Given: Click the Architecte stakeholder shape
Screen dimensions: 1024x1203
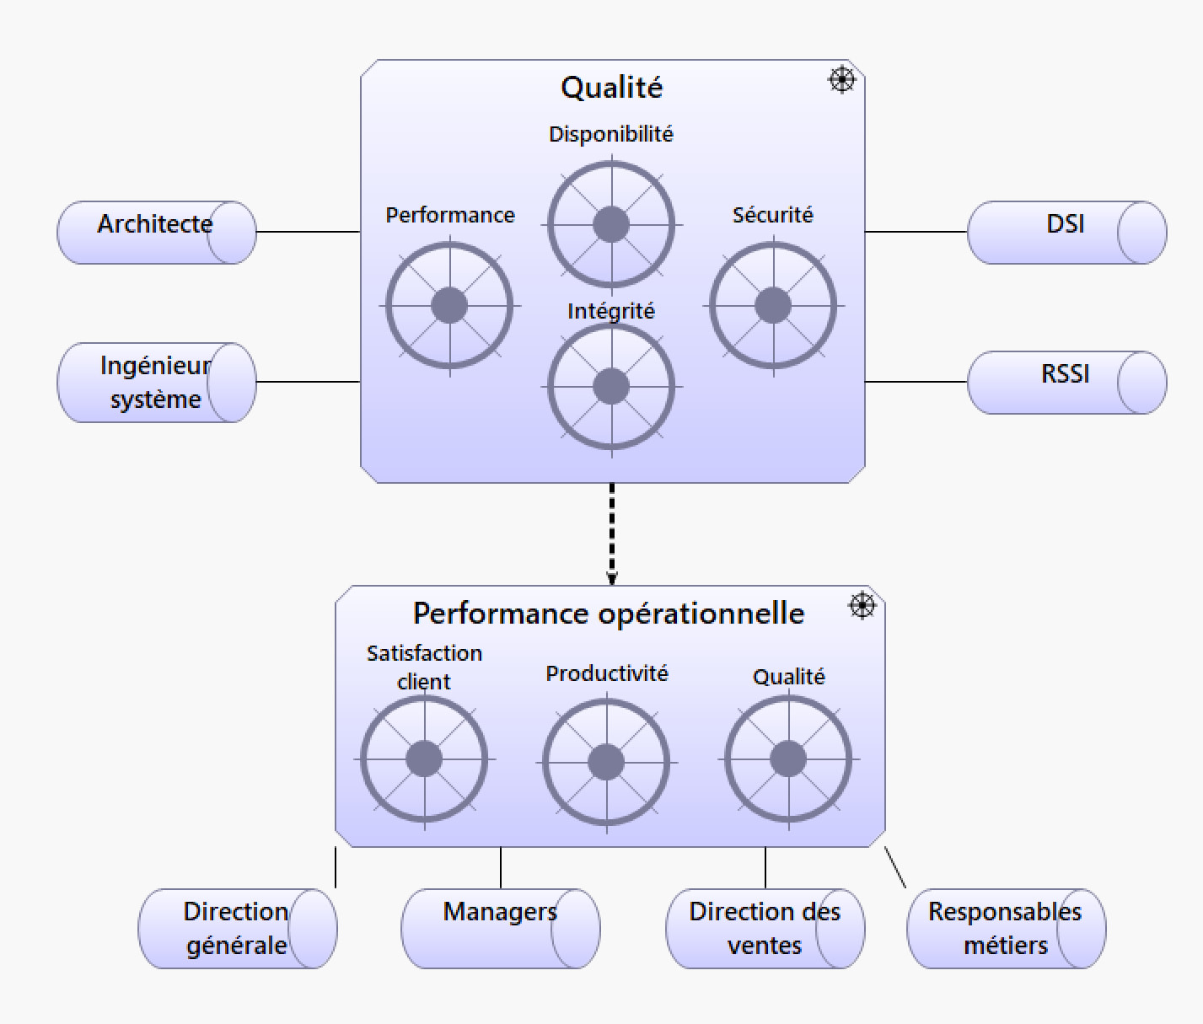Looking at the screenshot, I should pyautogui.click(x=156, y=233).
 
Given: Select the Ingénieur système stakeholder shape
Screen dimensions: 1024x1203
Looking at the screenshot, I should pyautogui.click(x=156, y=383).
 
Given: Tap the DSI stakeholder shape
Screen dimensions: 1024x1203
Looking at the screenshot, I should pyautogui.click(x=1066, y=233).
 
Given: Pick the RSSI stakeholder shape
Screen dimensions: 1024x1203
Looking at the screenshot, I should pyautogui.click(x=1066, y=383).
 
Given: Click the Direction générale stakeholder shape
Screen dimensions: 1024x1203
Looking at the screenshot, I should pyautogui.click(x=237, y=929).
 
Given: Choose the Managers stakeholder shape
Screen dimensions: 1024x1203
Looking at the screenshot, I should pyautogui.click(x=500, y=929).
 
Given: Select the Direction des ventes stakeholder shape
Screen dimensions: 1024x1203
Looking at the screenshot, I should pyautogui.click(x=765, y=929).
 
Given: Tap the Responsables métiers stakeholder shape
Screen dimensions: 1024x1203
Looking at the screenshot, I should pyautogui.click(x=1006, y=929).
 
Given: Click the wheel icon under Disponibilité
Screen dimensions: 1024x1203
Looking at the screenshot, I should pyautogui.click(x=611, y=225).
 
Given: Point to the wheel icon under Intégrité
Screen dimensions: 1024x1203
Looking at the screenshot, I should pyautogui.click(x=611, y=387).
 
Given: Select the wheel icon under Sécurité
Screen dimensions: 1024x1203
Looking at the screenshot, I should pyautogui.click(x=773, y=305).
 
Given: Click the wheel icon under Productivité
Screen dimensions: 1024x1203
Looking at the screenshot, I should pyautogui.click(x=606, y=763).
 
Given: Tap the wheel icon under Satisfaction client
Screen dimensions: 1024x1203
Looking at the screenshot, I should pyautogui.click(x=424, y=759).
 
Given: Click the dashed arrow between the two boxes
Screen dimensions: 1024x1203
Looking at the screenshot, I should pyautogui.click(x=612, y=533).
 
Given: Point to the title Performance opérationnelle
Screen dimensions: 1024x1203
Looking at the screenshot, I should pyautogui.click(x=609, y=614).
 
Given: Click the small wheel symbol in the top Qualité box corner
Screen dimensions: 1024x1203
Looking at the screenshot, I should pyautogui.click(x=841, y=80).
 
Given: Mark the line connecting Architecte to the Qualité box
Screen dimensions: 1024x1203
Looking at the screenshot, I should pyautogui.click(x=308, y=232).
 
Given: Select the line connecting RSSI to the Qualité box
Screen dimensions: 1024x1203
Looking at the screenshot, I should pyautogui.click(x=916, y=382).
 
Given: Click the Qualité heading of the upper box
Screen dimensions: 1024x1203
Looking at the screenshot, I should pyautogui.click(x=612, y=88).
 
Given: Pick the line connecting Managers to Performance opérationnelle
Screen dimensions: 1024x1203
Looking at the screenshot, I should pyautogui.click(x=501, y=867).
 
